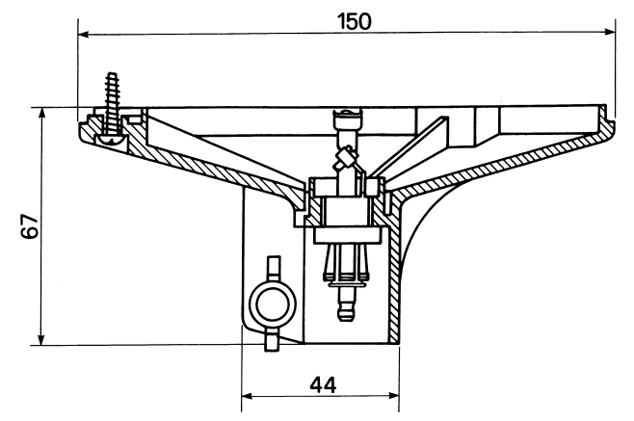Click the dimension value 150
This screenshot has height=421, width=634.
pos(355,21)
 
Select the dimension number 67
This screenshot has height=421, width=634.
pos(30,226)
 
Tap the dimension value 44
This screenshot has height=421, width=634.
pos(323,385)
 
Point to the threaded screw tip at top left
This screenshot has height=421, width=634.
pos(110,75)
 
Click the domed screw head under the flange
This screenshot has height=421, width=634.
pos(112,140)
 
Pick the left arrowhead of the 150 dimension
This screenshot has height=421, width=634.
pos(83,35)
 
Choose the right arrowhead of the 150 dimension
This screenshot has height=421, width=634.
pos(609,32)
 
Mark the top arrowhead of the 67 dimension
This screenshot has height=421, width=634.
pos(41,114)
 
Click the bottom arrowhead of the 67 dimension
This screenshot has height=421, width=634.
pos(40,339)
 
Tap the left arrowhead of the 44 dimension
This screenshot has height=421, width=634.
pos(247,396)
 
